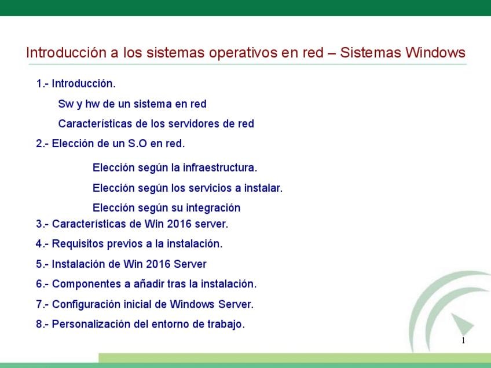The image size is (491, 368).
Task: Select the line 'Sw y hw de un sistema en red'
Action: point(132,104)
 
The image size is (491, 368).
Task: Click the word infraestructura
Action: point(220,167)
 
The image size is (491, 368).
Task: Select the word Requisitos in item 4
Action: point(78,244)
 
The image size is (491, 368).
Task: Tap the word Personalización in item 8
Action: point(91,324)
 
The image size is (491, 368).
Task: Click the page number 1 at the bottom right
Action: point(463,341)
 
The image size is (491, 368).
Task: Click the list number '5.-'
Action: point(42,264)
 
